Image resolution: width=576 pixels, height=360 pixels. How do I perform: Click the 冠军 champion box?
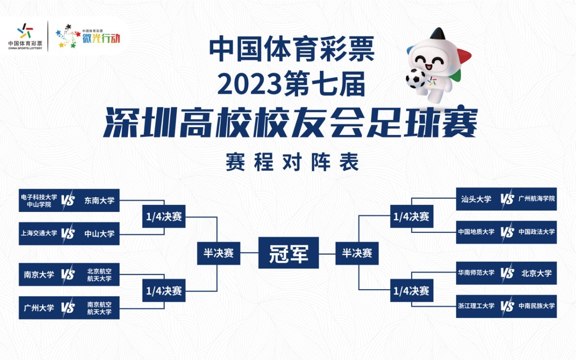click(288, 253)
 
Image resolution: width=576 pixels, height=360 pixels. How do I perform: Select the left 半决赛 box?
click(219, 253)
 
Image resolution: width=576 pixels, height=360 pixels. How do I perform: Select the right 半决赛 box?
click(357, 253)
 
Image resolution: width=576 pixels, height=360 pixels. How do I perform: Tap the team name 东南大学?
click(99, 200)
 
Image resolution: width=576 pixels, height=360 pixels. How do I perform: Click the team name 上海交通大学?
click(39, 233)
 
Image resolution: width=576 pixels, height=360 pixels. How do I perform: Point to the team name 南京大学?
click(39, 275)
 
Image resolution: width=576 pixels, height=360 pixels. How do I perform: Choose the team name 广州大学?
click(39, 308)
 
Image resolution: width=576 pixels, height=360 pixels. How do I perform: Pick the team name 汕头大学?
click(476, 199)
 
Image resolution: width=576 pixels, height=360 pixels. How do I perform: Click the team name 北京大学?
click(536, 273)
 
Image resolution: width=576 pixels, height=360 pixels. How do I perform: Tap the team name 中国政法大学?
click(536, 232)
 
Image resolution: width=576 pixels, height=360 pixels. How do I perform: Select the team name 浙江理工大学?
click(476, 306)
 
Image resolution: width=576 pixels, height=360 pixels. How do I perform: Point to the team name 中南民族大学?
click(536, 306)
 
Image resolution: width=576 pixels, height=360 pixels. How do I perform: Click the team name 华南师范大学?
click(476, 273)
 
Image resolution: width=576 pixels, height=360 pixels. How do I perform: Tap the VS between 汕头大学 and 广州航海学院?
click(507, 199)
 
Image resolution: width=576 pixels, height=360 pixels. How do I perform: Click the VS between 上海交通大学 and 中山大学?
click(68, 233)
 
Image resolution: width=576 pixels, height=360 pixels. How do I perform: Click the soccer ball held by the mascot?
click(415, 79)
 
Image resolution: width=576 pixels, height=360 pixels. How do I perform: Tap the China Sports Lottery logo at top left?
click(25, 37)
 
